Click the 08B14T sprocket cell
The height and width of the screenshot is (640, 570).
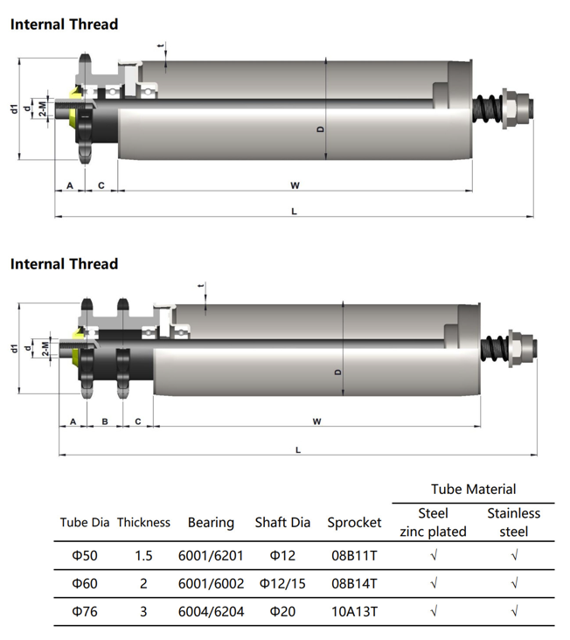point(354,584)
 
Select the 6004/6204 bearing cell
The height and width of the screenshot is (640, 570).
point(211,611)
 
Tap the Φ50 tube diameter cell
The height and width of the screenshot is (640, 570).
point(85,555)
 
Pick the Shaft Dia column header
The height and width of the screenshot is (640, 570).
point(282,523)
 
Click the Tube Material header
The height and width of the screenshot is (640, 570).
point(473,489)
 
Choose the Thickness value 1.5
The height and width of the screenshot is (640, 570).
point(143,555)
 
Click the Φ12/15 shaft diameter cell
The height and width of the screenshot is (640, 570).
point(282,584)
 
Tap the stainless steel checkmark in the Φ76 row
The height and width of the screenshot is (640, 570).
point(514,611)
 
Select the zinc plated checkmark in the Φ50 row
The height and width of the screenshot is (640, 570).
point(434,555)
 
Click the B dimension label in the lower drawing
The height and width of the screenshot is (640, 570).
point(105,421)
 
